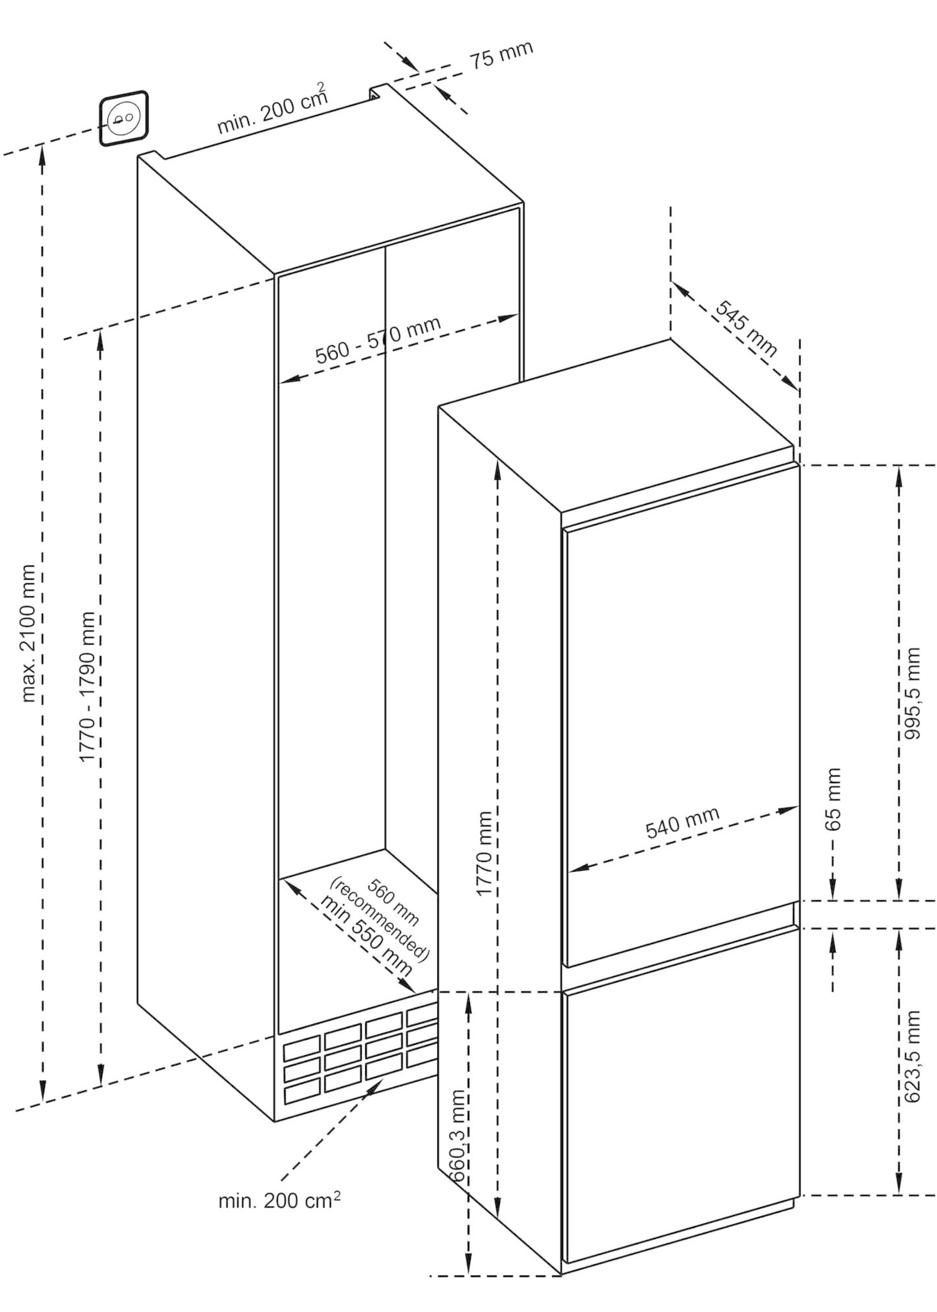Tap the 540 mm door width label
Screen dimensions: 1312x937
682,821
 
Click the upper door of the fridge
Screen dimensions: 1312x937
681,715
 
